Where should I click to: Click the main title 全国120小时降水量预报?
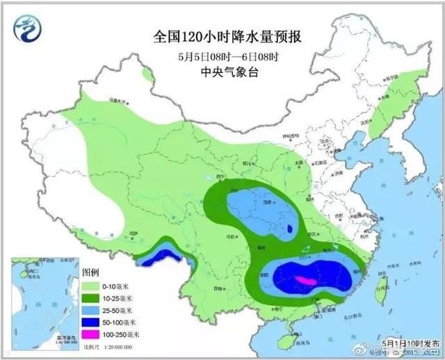[x=222, y=34]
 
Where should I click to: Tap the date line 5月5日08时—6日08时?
[x=222, y=56]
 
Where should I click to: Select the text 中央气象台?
[x=222, y=71]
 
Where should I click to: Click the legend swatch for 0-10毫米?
[x=92, y=285]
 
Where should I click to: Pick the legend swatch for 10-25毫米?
[x=92, y=297]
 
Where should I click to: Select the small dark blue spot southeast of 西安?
[x=289, y=234]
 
